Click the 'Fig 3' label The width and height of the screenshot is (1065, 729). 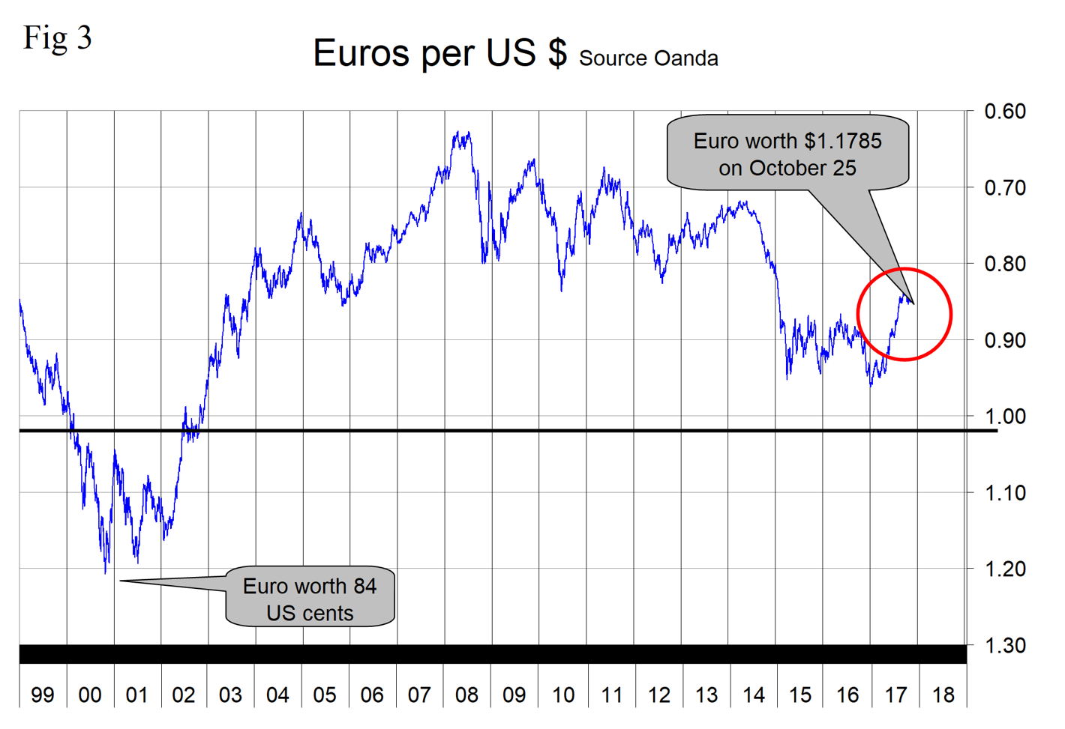pyautogui.click(x=57, y=37)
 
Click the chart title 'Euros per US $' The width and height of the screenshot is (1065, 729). pyautogui.click(x=439, y=53)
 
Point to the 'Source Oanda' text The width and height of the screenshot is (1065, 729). pyautogui.click(x=648, y=58)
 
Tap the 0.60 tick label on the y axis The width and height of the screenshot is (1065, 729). pyautogui.click(x=1004, y=112)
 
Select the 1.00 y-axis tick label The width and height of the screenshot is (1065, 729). pyautogui.click(x=1004, y=416)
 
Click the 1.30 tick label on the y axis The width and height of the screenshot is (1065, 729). pyautogui.click(x=1004, y=645)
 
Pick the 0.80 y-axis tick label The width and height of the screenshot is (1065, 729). pyautogui.click(x=1004, y=264)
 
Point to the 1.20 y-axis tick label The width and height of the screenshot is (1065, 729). pyautogui.click(x=1004, y=569)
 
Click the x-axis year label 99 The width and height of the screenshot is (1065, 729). pyautogui.click(x=43, y=695)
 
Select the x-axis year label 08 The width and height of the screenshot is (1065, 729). pyautogui.click(x=466, y=695)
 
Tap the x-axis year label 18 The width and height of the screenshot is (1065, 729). pyautogui.click(x=943, y=695)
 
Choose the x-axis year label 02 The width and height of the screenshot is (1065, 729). pyautogui.click(x=184, y=695)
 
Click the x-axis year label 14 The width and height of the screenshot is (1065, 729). pyautogui.click(x=754, y=695)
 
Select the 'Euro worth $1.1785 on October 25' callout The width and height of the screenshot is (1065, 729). pyautogui.click(x=787, y=154)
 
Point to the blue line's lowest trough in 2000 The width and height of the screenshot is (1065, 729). pyautogui.click(x=105, y=573)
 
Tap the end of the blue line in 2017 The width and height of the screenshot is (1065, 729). pyautogui.click(x=912, y=303)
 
